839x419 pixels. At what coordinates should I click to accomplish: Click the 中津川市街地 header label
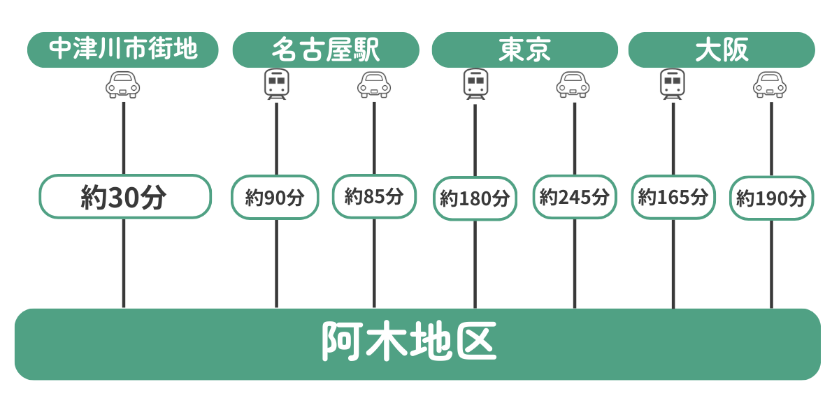point(123,50)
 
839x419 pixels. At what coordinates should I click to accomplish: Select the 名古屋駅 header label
point(326,50)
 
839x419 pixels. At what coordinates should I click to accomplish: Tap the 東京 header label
point(525,50)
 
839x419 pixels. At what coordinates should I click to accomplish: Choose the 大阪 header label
point(722,50)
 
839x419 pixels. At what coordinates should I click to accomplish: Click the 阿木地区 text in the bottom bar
point(409,342)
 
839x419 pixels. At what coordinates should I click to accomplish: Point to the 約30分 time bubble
point(124,197)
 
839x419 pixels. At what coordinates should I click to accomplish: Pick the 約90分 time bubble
point(275,197)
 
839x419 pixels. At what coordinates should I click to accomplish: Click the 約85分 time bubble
point(374,196)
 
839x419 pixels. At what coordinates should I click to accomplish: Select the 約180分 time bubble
point(475,198)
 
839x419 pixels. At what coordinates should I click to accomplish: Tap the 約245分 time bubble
point(575,197)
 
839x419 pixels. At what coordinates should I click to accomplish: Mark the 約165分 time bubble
point(673,197)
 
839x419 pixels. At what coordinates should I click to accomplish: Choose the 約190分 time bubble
point(771,198)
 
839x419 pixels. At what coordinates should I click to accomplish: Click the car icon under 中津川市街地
point(123,84)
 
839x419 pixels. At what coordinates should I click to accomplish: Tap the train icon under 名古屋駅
point(276,84)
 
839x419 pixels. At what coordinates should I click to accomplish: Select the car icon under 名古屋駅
point(374,84)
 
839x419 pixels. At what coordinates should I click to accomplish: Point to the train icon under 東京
point(475,84)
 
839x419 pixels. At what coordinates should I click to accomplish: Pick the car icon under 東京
point(573,84)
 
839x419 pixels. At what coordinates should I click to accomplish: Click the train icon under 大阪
point(673,84)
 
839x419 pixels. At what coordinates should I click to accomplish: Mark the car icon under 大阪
point(770,84)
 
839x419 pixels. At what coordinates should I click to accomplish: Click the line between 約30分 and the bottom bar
point(124,263)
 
